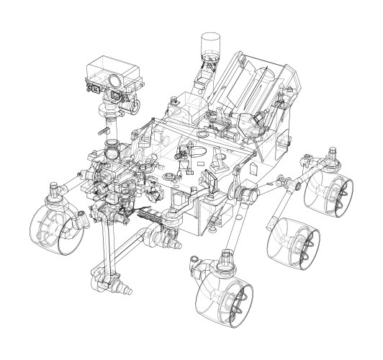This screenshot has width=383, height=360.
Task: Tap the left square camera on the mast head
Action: click(x=94, y=88)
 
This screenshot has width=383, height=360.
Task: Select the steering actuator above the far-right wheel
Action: click(x=332, y=153)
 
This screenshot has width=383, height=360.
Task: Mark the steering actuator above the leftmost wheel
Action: click(x=54, y=192)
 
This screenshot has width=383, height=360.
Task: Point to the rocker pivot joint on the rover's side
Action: click(x=247, y=193)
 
